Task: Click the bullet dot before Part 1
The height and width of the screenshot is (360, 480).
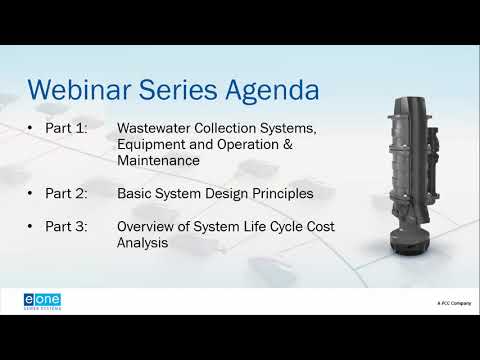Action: pos(32,129)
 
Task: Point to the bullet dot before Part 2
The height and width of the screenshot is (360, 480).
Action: pos(32,192)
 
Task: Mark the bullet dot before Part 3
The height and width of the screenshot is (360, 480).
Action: pos(32,227)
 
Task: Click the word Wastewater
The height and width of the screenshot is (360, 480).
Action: pos(159,129)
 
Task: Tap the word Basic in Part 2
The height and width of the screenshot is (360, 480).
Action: pos(136,192)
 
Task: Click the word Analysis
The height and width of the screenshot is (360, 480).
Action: pos(143,243)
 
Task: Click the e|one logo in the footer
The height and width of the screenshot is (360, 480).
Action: pos(43,300)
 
